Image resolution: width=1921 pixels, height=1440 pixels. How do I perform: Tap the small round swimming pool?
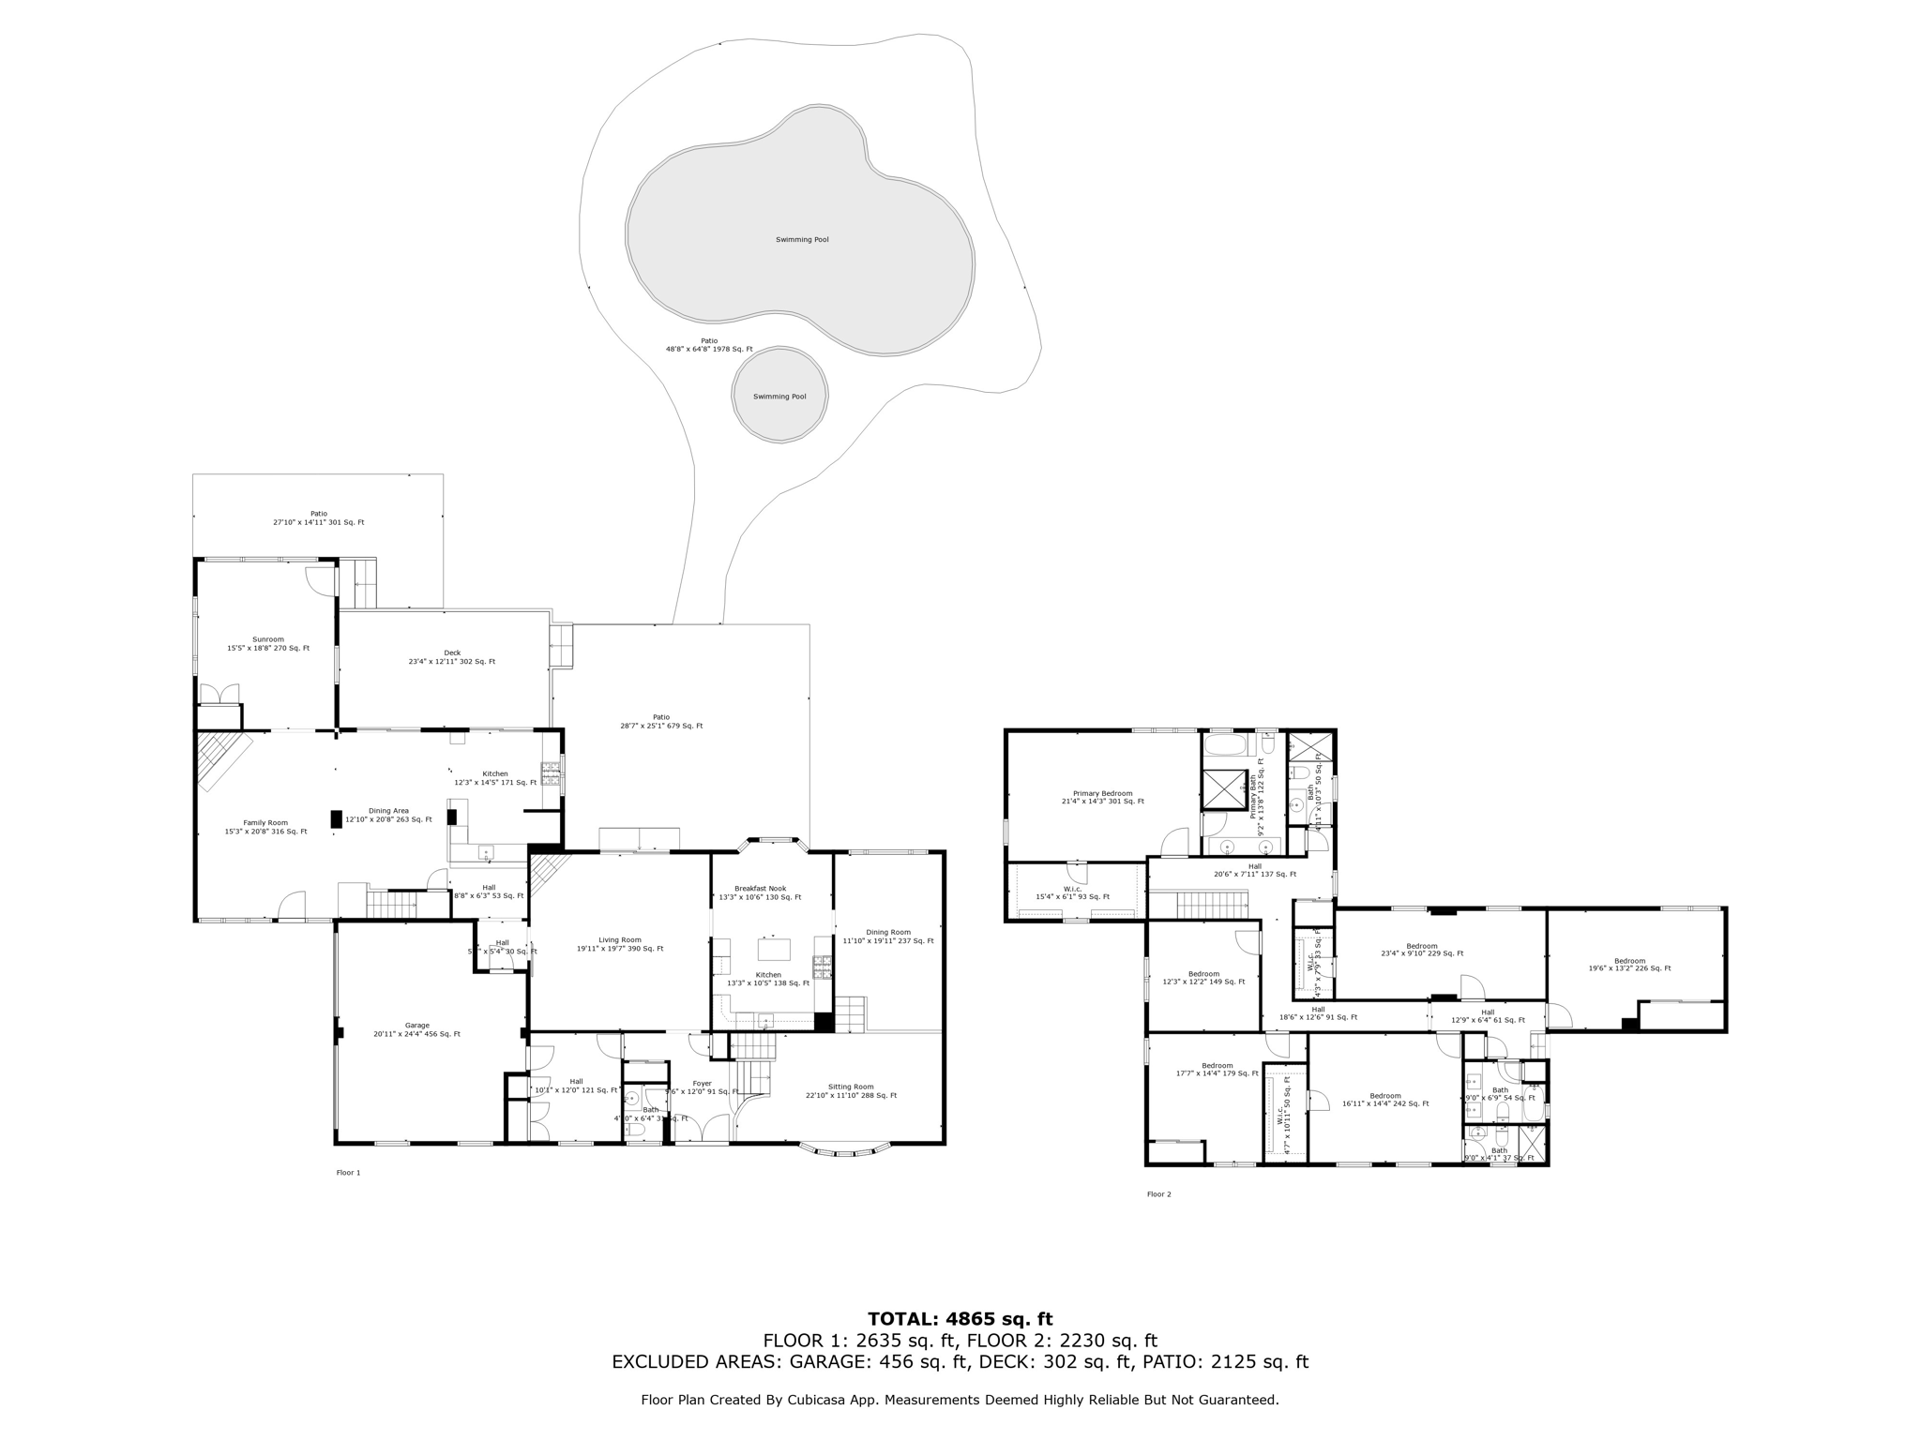click(779, 396)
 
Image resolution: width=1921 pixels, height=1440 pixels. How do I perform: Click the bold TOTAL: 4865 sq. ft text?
click(959, 1319)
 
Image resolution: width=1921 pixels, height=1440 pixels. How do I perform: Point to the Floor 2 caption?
click(1158, 1194)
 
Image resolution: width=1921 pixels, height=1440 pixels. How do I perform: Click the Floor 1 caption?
click(348, 1173)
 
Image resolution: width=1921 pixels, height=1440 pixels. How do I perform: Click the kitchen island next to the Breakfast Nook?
click(774, 949)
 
